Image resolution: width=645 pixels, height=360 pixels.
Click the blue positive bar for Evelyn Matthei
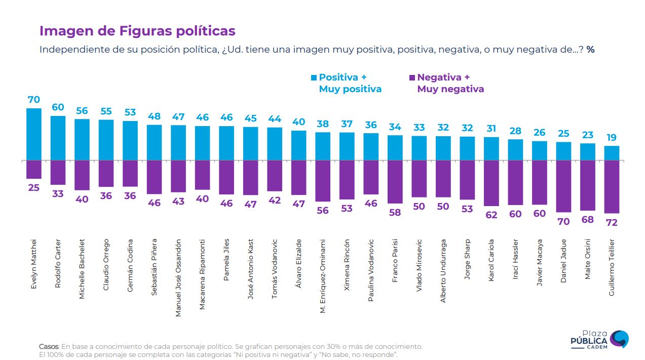pos(33,134)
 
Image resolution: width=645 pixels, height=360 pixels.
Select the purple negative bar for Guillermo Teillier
pos(612,186)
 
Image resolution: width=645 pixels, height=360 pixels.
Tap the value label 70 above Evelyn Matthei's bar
pos(33,100)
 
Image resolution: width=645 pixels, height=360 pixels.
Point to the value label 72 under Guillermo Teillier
pos(612,222)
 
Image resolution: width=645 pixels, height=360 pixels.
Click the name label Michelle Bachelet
pos(82,269)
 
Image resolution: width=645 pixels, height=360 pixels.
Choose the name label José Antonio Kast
pos(251,269)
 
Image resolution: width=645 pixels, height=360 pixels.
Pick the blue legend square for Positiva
pos(314,78)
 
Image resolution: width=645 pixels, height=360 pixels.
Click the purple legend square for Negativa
pos(412,78)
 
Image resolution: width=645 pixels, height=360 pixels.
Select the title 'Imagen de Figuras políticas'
pos(137,31)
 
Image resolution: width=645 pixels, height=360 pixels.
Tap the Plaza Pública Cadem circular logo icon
pos(619,339)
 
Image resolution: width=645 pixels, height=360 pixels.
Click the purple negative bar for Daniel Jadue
pos(563,186)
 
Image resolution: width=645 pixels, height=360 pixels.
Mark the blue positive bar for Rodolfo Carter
pos(58,138)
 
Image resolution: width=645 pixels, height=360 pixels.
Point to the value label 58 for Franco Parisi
pos(395,213)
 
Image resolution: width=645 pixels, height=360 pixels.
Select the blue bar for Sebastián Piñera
pos(154,142)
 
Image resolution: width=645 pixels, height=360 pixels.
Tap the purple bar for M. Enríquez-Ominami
pos(323,180)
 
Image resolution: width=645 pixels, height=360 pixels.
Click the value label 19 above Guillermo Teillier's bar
pos(612,137)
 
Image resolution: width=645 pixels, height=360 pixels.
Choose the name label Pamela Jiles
pos(226,260)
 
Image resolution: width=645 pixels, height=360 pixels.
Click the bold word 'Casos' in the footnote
pos(49,346)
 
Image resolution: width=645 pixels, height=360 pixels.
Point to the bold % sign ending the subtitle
pos(590,50)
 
